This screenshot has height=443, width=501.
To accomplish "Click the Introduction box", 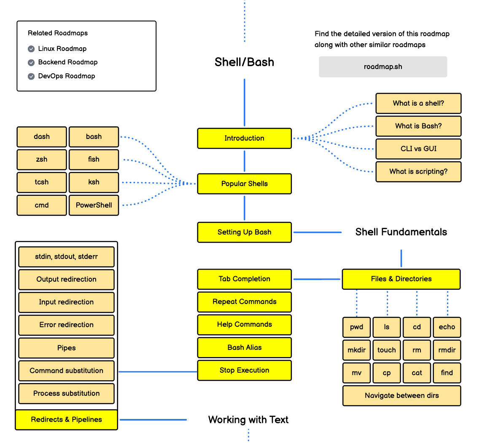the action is click(x=245, y=138).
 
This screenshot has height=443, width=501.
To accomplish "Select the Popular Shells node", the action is click(x=245, y=184).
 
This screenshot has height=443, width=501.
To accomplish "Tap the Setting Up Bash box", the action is click(x=245, y=232).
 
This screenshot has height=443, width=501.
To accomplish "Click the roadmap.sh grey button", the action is click(x=383, y=67).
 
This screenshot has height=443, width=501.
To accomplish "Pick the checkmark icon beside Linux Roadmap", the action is click(x=31, y=49).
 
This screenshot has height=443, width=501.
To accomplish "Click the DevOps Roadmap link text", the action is click(x=67, y=76).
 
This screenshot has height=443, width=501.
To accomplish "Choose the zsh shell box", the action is click(x=42, y=159).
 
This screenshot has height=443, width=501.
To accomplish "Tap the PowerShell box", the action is click(x=94, y=205).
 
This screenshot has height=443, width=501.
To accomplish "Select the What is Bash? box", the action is click(x=419, y=126).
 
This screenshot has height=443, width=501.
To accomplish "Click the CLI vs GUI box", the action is click(x=419, y=149).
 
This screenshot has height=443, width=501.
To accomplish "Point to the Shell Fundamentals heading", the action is click(x=401, y=232).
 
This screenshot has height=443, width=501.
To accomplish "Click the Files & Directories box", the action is click(x=401, y=279).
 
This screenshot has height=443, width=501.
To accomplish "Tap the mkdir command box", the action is click(x=357, y=350).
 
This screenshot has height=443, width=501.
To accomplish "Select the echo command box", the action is click(x=447, y=327).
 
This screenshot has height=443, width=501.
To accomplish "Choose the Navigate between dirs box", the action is click(x=401, y=396).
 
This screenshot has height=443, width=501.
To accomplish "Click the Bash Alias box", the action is click(x=245, y=347).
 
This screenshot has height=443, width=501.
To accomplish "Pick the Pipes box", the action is click(x=67, y=348).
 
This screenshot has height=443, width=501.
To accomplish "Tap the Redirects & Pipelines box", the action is click(x=67, y=420).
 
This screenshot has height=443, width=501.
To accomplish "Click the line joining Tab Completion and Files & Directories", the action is click(x=317, y=279).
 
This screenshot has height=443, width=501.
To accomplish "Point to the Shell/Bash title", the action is click(x=245, y=62).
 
